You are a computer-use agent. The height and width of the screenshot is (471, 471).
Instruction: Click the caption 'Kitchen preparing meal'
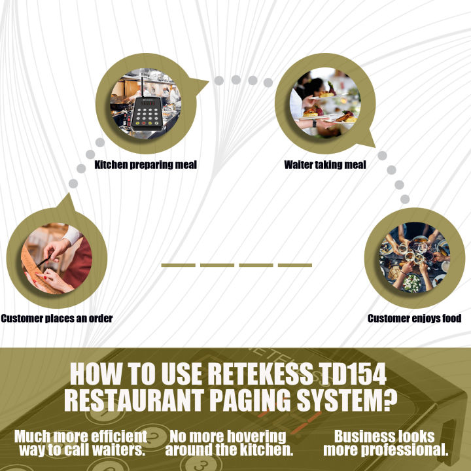[x=145, y=164]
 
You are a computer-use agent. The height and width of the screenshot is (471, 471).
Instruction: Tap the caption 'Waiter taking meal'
[x=325, y=164]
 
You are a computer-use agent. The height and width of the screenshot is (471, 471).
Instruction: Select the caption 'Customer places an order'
[x=57, y=319]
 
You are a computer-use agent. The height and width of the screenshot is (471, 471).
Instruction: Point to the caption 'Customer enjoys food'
[x=415, y=319]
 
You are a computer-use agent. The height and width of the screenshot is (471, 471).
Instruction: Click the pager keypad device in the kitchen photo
[x=148, y=110]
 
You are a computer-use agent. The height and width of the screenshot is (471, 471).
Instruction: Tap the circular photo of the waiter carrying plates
[x=324, y=103]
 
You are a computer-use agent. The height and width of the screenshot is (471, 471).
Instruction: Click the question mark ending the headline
[x=389, y=400]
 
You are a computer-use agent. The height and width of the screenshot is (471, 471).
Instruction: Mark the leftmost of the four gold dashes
[x=179, y=265]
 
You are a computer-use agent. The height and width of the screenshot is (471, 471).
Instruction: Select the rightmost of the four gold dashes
[x=295, y=265]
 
